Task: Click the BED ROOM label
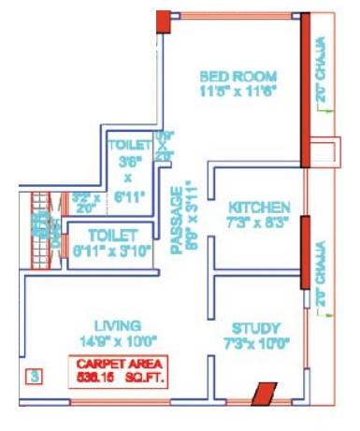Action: (238, 76)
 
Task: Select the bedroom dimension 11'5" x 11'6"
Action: (238, 92)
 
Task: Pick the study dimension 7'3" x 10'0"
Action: (254, 343)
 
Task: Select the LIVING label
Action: (119, 324)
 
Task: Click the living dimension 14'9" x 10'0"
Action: (119, 340)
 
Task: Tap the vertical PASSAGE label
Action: (180, 219)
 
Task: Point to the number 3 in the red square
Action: (34, 378)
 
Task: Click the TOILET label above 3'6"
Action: (129, 147)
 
